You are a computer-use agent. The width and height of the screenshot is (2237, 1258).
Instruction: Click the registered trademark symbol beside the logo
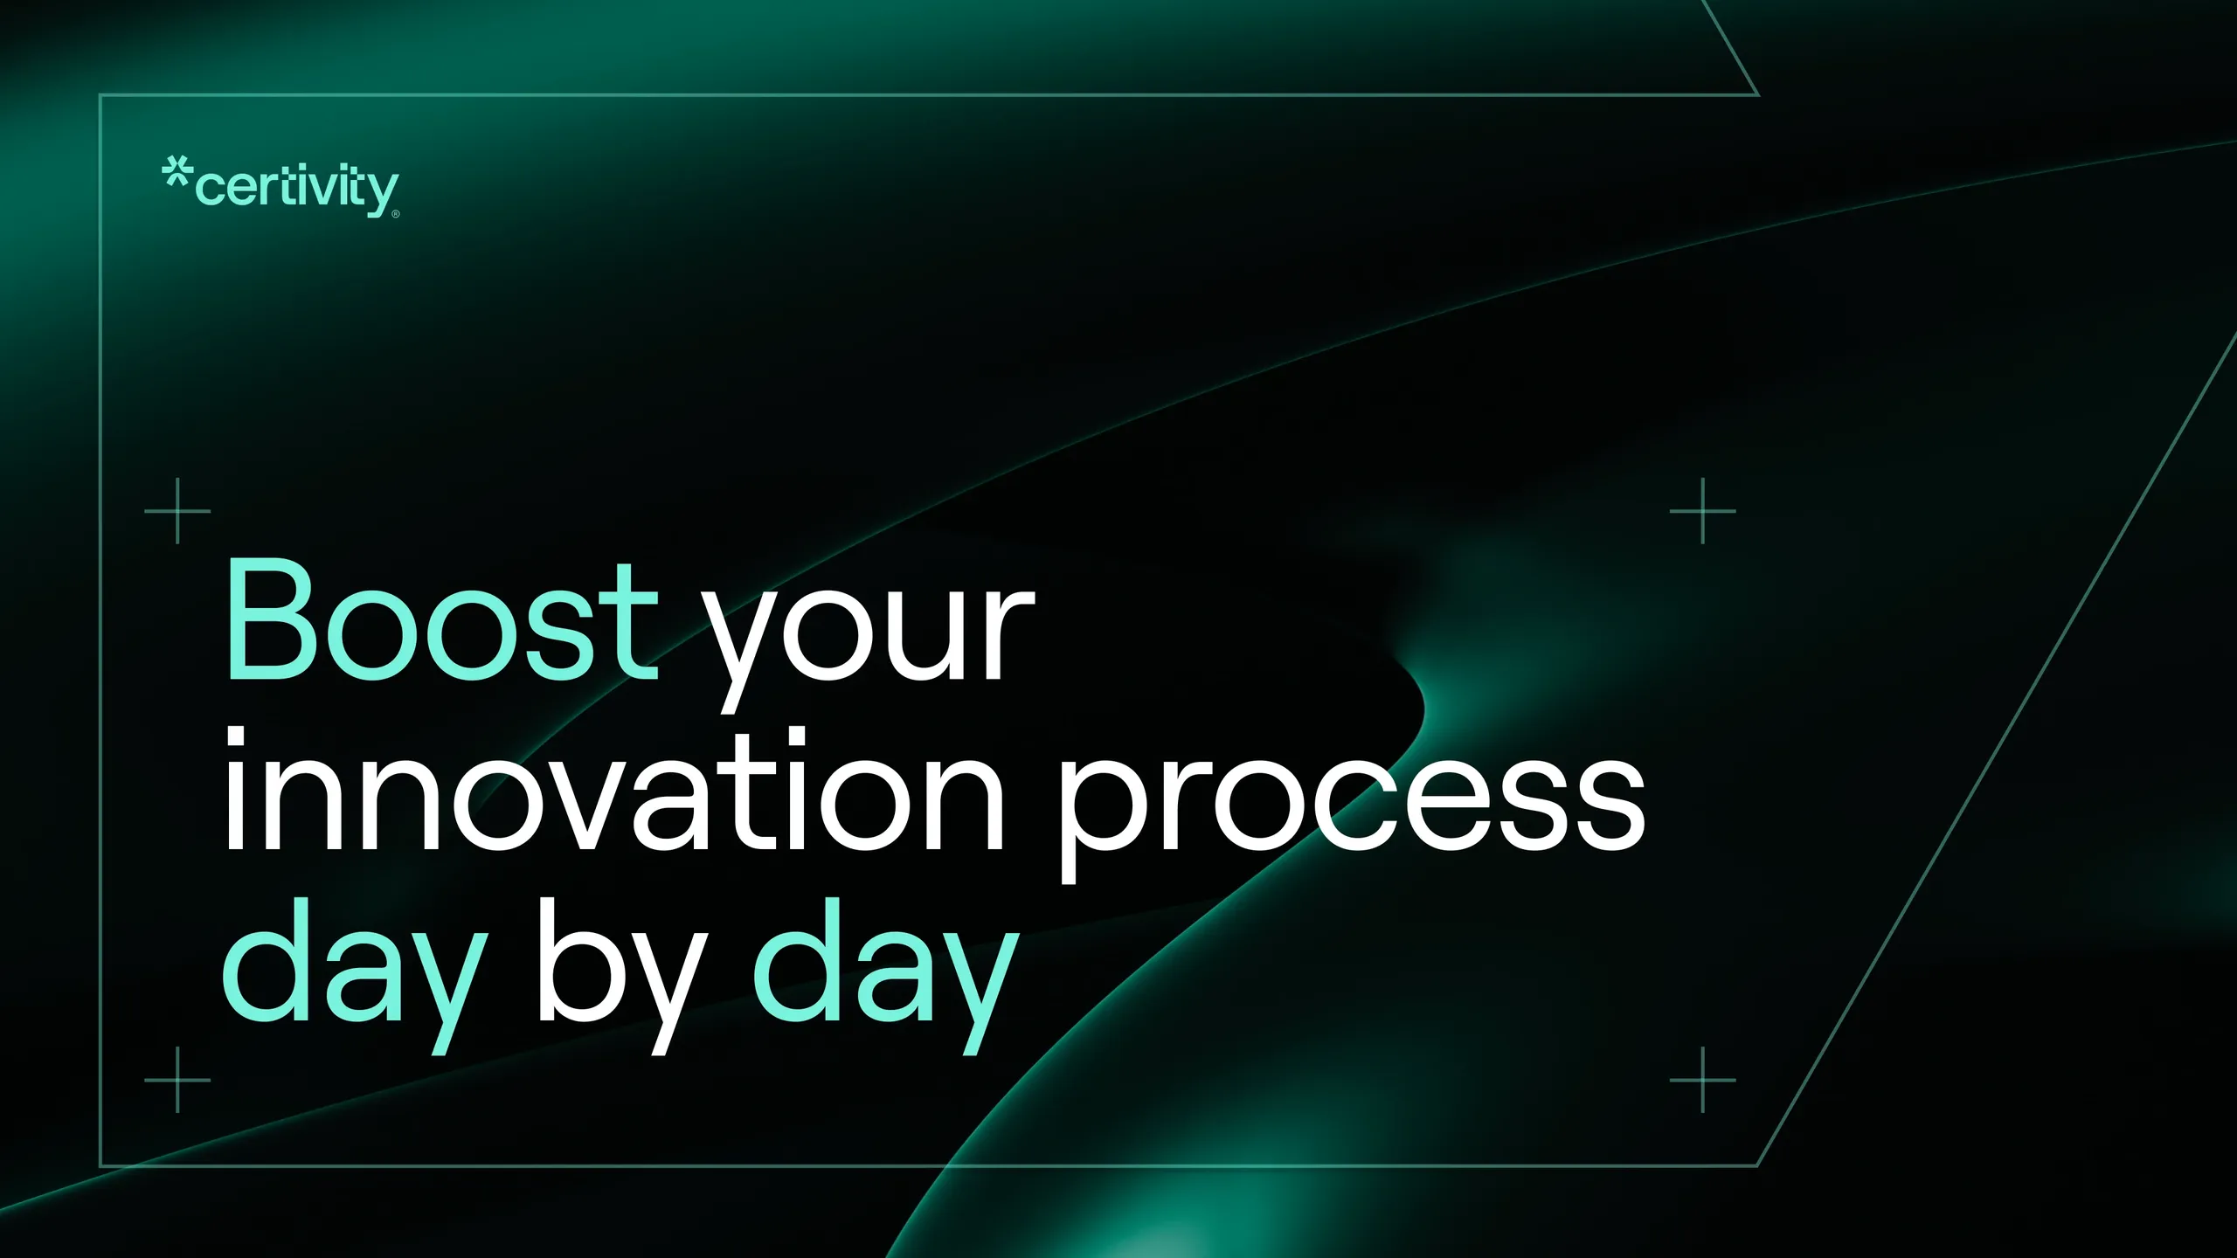pyautogui.click(x=396, y=214)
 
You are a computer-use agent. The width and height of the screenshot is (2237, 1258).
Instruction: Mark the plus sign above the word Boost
pyautogui.click(x=177, y=510)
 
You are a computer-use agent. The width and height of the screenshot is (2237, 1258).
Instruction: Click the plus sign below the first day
pyautogui.click(x=177, y=1080)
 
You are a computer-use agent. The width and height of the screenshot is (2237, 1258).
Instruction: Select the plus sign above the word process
pyautogui.click(x=1702, y=510)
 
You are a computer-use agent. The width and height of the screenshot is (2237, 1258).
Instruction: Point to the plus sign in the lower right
pyautogui.click(x=1702, y=1080)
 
